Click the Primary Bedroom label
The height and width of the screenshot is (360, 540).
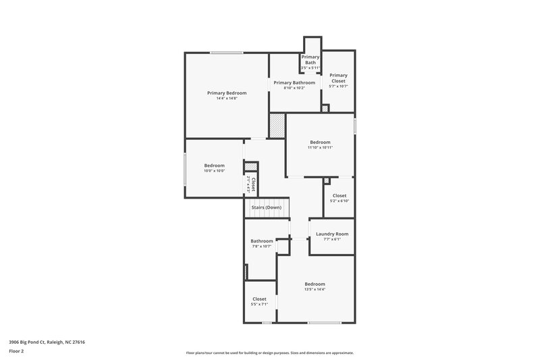pos(227,93)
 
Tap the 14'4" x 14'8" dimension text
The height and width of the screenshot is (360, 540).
pos(227,99)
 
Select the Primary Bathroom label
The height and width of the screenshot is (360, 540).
pos(294,82)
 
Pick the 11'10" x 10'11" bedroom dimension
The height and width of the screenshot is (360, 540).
pos(320,147)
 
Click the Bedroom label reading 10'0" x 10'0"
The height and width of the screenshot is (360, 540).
pos(215,165)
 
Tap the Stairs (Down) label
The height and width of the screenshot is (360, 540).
pos(267,207)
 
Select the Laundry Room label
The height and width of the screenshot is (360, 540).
pos(332,234)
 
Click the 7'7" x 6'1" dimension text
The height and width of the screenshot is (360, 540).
pos(332,239)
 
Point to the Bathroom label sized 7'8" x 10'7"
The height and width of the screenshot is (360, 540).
pos(262,241)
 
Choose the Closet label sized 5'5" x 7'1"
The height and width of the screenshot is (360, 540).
pos(260,299)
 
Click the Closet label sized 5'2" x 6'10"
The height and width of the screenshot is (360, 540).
pos(340,195)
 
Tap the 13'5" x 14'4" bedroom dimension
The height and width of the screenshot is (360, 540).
pos(315,289)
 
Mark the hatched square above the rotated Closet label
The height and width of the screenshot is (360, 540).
pos(250,166)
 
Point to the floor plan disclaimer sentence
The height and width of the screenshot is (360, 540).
pos(269,353)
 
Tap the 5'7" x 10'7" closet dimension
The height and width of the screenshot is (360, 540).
pos(338,86)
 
